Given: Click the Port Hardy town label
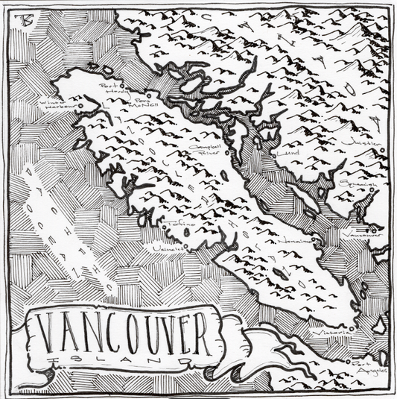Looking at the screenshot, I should tap(109, 88).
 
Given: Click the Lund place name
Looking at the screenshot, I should tap(284, 153).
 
